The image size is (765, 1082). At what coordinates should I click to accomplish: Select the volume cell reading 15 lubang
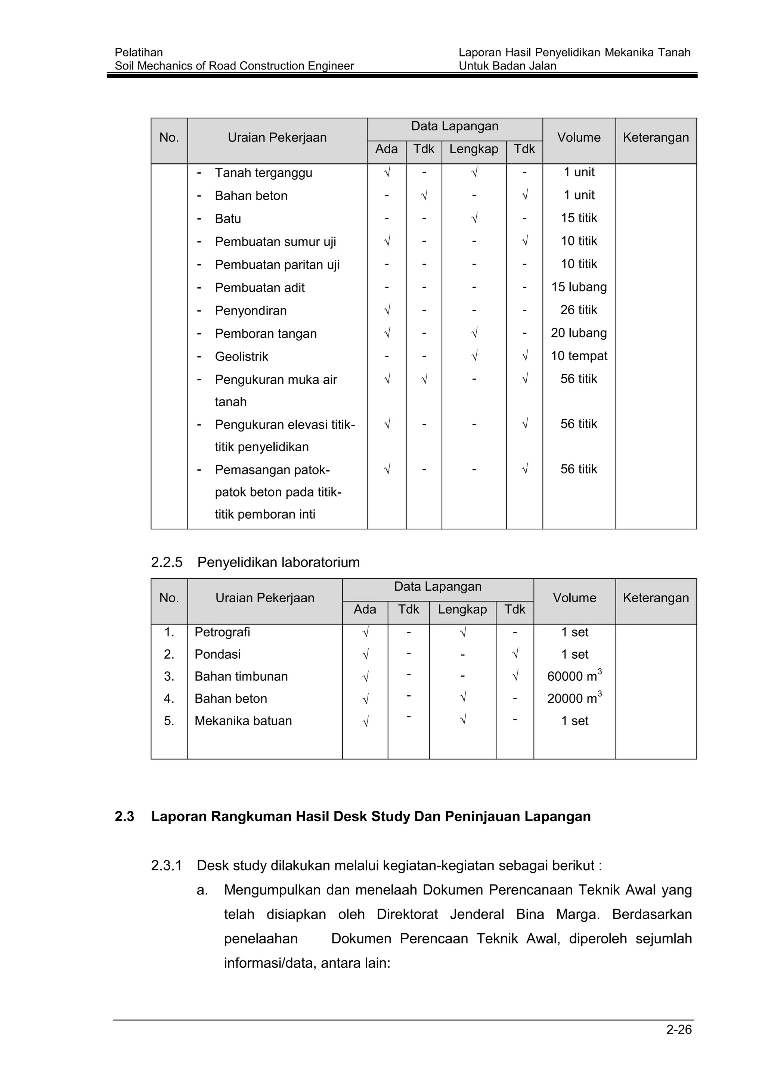(x=579, y=287)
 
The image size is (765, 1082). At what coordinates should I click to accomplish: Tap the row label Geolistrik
(x=241, y=357)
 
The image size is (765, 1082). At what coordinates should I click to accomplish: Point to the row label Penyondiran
(x=251, y=310)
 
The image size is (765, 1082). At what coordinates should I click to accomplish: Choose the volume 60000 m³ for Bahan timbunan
(x=574, y=676)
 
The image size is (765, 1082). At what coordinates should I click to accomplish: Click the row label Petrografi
(x=222, y=633)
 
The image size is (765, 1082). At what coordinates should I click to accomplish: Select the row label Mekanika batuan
(x=243, y=721)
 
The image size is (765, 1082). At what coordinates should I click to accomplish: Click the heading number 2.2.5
(x=166, y=562)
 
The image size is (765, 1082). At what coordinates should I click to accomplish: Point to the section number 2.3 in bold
(x=124, y=817)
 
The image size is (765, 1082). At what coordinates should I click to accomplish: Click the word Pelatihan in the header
(x=139, y=52)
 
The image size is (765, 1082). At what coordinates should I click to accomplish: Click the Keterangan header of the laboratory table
(x=655, y=598)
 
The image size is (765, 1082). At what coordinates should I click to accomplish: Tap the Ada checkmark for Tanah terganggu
(x=387, y=173)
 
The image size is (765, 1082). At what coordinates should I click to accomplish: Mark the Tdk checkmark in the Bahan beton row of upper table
(x=424, y=195)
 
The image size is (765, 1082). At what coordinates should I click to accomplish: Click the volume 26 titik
(x=579, y=310)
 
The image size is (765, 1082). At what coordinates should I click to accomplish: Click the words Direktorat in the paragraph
(x=407, y=914)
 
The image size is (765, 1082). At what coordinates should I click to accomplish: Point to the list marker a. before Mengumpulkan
(x=202, y=890)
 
